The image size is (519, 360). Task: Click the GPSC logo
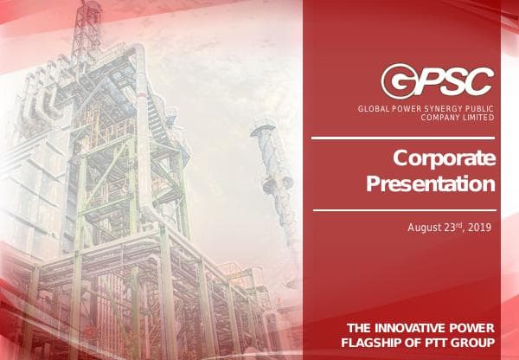click(x=438, y=80)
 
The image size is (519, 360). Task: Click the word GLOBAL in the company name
click(x=373, y=108)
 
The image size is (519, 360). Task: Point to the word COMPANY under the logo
click(x=438, y=117)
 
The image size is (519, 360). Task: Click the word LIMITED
click(x=478, y=117)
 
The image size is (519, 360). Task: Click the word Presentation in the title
click(x=431, y=183)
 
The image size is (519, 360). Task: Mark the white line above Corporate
click(x=403, y=137)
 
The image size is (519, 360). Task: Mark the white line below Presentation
click(x=403, y=209)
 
